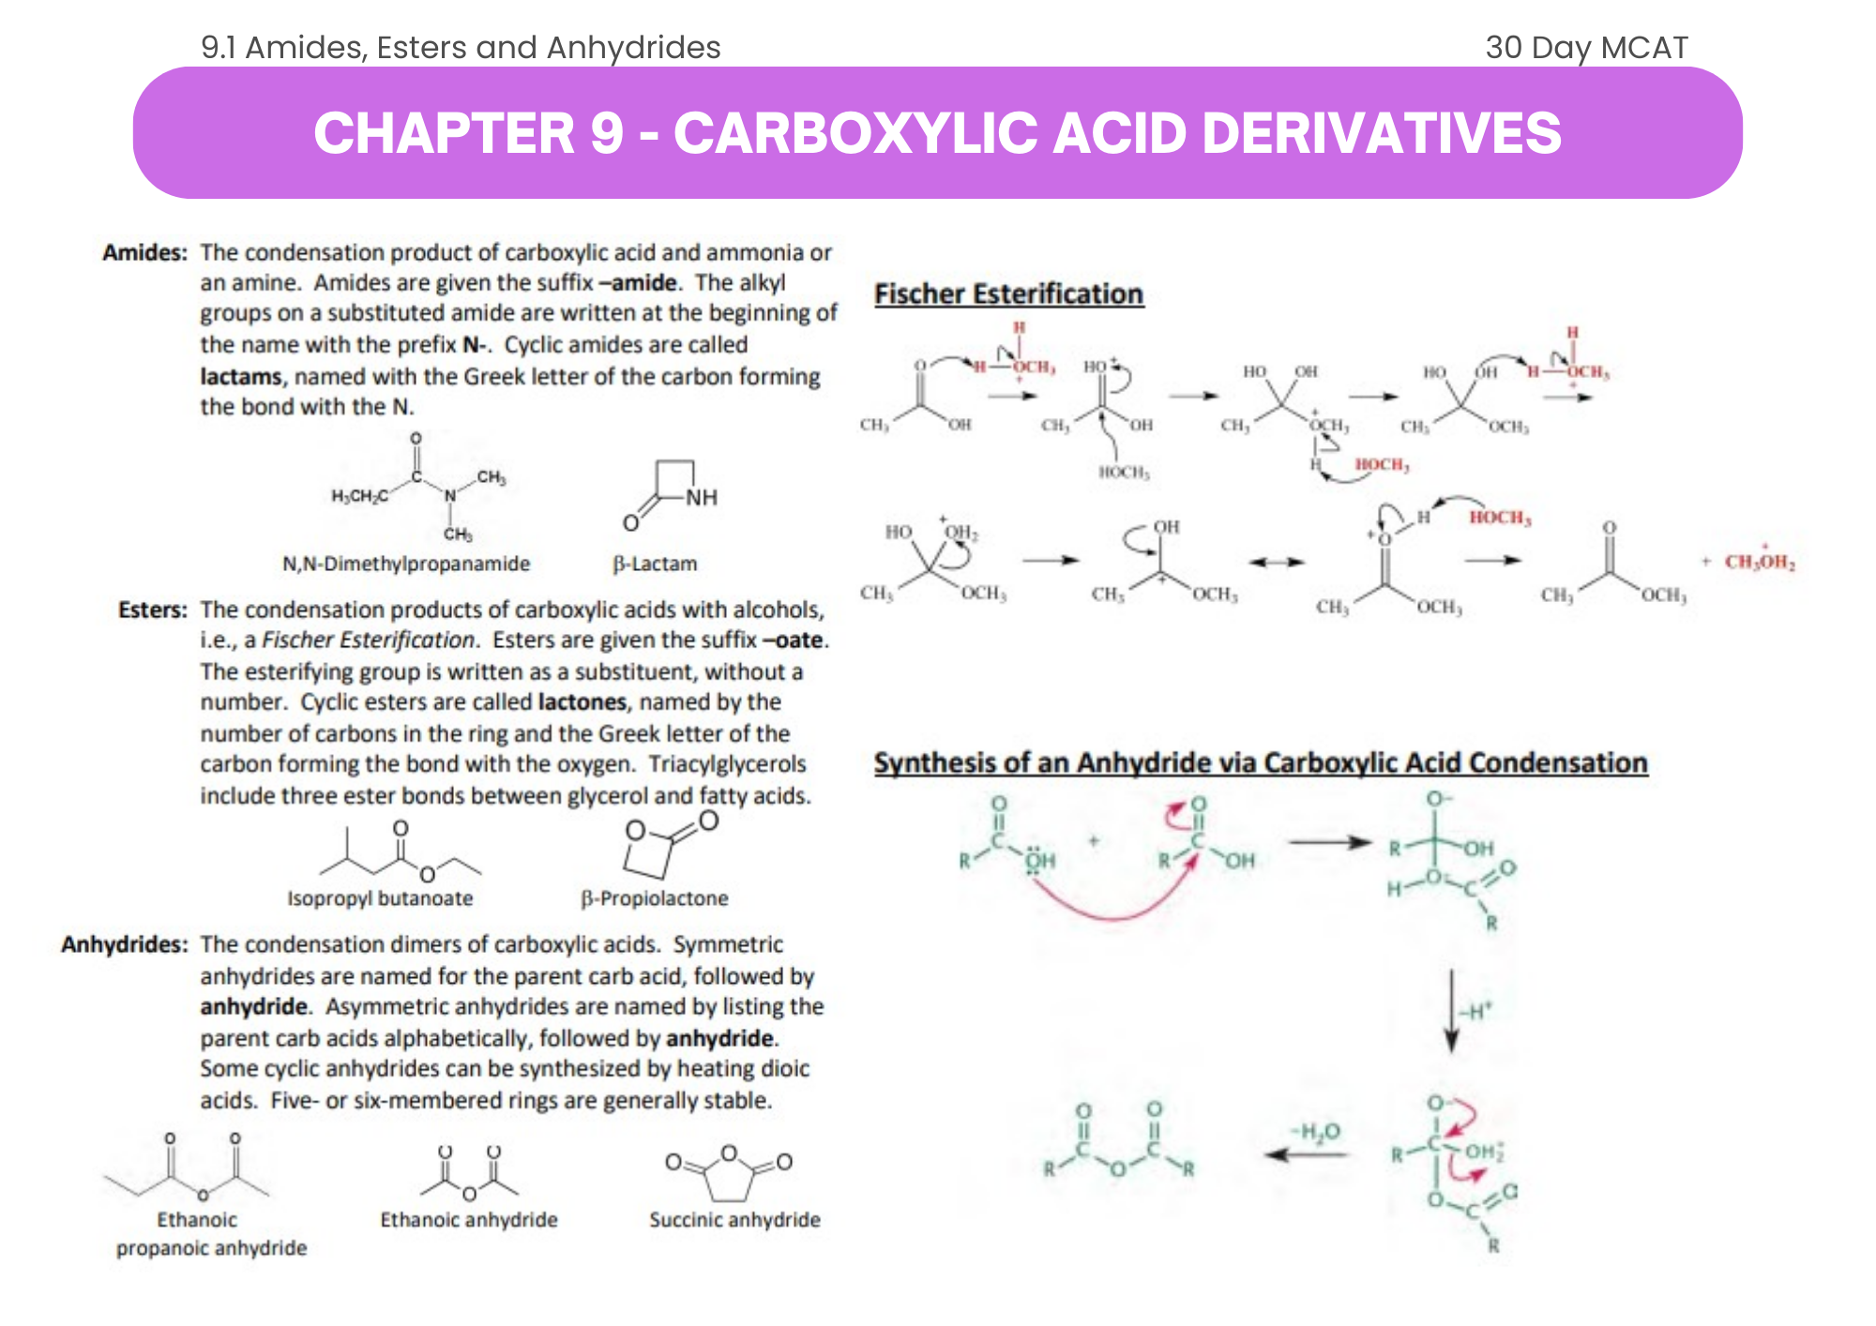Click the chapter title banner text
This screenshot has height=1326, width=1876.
(937, 132)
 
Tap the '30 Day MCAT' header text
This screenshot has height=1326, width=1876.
(1586, 47)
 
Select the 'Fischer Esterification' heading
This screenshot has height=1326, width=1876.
(1008, 294)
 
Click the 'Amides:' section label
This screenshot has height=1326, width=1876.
(144, 252)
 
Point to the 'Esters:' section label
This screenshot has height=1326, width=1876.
(153, 610)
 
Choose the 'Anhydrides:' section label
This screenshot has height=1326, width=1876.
(125, 944)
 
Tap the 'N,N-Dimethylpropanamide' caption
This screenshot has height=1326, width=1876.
(406, 564)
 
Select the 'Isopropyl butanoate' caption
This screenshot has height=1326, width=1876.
(380, 898)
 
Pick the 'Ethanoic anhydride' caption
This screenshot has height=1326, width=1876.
(469, 1220)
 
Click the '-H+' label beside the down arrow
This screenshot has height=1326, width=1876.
(1476, 1012)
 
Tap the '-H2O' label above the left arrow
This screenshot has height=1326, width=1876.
(1315, 1132)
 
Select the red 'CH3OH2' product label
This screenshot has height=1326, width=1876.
(1760, 562)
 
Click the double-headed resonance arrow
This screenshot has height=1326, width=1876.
(1277, 562)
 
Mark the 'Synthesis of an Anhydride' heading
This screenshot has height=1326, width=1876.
(1260, 763)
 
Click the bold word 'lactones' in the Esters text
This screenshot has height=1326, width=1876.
(582, 702)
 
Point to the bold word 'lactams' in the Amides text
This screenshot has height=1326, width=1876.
(241, 377)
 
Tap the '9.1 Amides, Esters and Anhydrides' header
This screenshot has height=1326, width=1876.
(461, 47)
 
